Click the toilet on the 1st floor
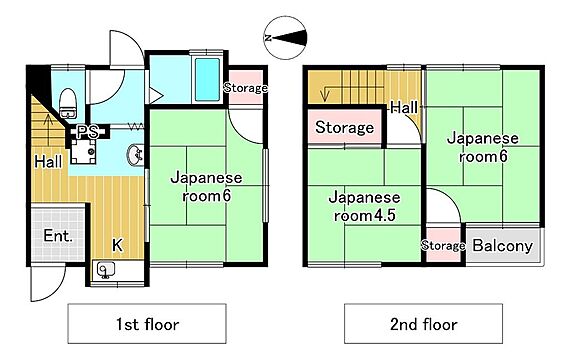coord(68,103)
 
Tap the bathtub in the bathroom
coord(207,79)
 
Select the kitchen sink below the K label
coord(106,270)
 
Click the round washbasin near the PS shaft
coord(135,155)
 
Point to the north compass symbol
coord(286,38)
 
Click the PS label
coord(88,132)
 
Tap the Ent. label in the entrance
coord(58,236)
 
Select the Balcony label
coord(503,246)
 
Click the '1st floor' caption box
coord(147,323)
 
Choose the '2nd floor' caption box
coord(423,323)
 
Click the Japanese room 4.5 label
coord(364,206)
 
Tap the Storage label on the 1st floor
coord(246,88)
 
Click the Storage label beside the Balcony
coord(443,246)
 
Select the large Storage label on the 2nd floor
coord(344,127)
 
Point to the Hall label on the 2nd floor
coord(404,108)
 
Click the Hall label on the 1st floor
coord(48,162)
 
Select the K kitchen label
coord(117,245)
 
